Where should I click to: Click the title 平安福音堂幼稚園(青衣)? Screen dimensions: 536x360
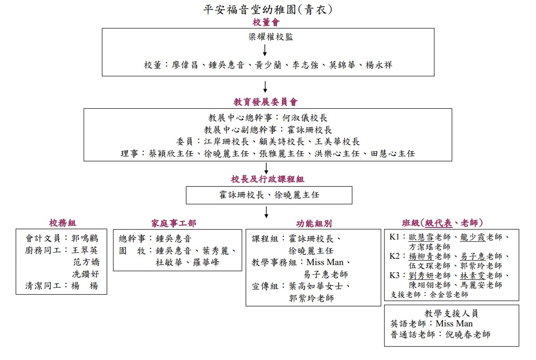268,9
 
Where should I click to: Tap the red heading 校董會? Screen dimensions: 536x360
266,22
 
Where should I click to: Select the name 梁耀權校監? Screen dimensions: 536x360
271,37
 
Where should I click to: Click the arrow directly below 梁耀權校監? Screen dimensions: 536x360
265,51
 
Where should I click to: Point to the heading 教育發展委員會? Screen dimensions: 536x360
266,102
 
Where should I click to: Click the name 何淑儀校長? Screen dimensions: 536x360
305,118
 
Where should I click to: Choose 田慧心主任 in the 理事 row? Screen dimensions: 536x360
393,154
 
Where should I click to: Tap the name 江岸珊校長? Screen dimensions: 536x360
226,142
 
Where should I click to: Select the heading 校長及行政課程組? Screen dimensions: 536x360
267,179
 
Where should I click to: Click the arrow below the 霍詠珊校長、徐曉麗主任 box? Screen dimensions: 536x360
266,212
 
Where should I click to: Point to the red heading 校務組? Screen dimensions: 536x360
63,223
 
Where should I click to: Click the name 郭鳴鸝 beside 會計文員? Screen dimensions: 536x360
85,238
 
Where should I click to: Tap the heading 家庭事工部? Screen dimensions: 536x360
173,223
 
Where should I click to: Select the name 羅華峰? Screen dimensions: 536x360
206,262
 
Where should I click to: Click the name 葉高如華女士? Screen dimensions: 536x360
316,286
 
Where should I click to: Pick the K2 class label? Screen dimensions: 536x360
394,256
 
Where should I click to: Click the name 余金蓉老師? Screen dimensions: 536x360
449,295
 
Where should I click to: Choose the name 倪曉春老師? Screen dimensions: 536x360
468,334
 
